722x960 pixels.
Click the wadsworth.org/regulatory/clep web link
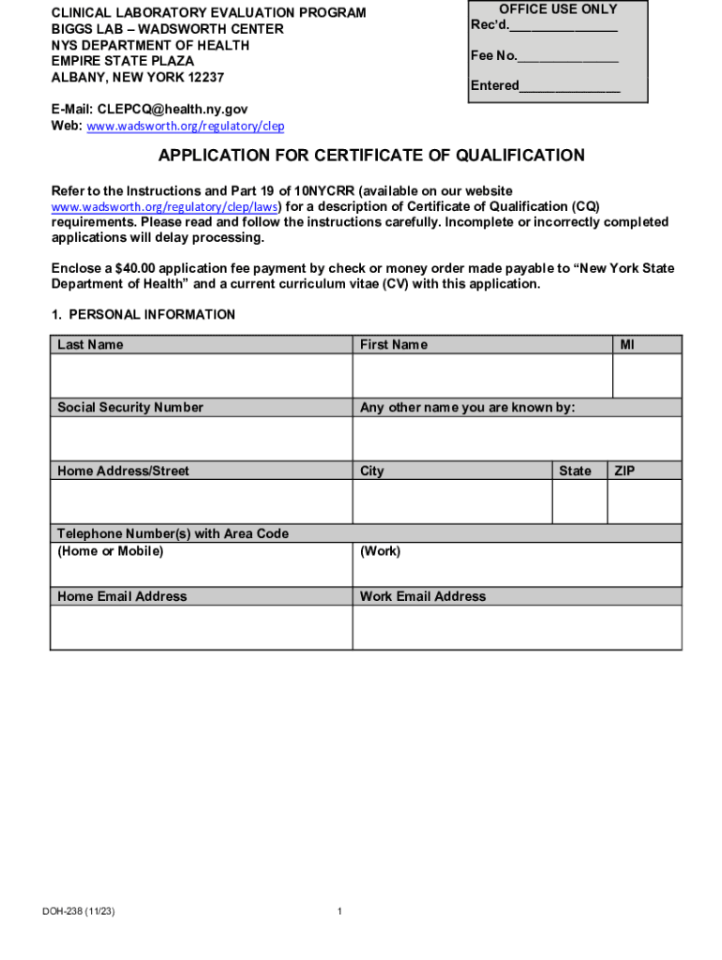point(186,127)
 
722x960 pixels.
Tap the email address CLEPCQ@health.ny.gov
point(173,109)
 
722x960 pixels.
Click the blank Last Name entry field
point(201,376)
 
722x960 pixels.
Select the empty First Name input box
point(482,376)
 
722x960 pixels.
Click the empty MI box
point(646,376)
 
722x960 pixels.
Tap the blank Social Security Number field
point(201,439)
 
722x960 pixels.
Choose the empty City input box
point(452,502)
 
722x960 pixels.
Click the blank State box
point(579,502)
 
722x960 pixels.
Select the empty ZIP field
point(644,502)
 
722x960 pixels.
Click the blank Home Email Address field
point(201,627)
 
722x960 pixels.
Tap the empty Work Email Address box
point(517,627)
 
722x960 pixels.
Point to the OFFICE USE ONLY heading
point(559,9)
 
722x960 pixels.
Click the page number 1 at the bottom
point(339,911)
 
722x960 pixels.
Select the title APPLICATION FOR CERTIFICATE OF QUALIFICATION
point(371,156)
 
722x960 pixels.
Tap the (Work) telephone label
point(380,551)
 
